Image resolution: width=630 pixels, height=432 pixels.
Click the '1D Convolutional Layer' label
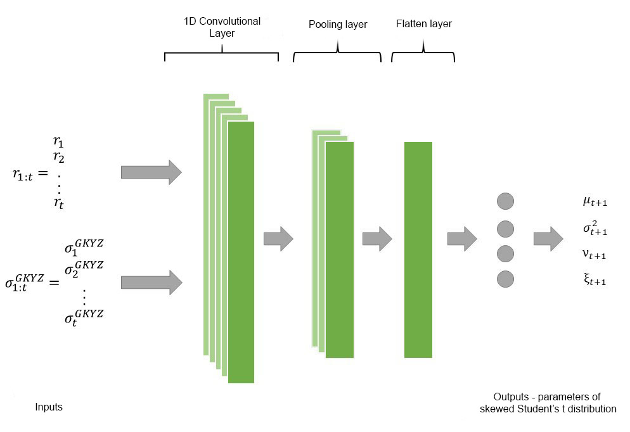point(222,27)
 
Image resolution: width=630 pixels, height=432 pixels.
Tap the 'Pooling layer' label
point(338,25)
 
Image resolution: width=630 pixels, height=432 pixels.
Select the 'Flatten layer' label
point(424,24)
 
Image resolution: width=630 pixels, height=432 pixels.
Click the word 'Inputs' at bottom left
point(49,407)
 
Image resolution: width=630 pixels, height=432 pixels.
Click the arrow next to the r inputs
point(151,172)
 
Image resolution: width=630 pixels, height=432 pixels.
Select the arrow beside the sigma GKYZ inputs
point(151,282)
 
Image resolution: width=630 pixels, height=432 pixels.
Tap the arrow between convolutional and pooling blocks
point(278,239)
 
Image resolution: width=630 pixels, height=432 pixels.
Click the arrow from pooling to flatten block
point(377,239)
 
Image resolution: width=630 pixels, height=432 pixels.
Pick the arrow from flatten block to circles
point(462,239)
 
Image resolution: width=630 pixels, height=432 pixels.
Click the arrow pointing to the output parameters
point(548,239)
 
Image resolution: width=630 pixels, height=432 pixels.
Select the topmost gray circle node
point(505,201)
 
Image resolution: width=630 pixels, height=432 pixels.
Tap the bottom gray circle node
point(505,279)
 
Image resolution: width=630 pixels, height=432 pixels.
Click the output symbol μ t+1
point(595,203)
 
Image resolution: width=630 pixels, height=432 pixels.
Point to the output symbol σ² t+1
point(595,229)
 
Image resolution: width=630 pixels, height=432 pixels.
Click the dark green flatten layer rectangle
point(418,250)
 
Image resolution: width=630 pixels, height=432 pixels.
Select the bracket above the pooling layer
point(337,54)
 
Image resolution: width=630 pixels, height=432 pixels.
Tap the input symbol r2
point(58,157)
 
